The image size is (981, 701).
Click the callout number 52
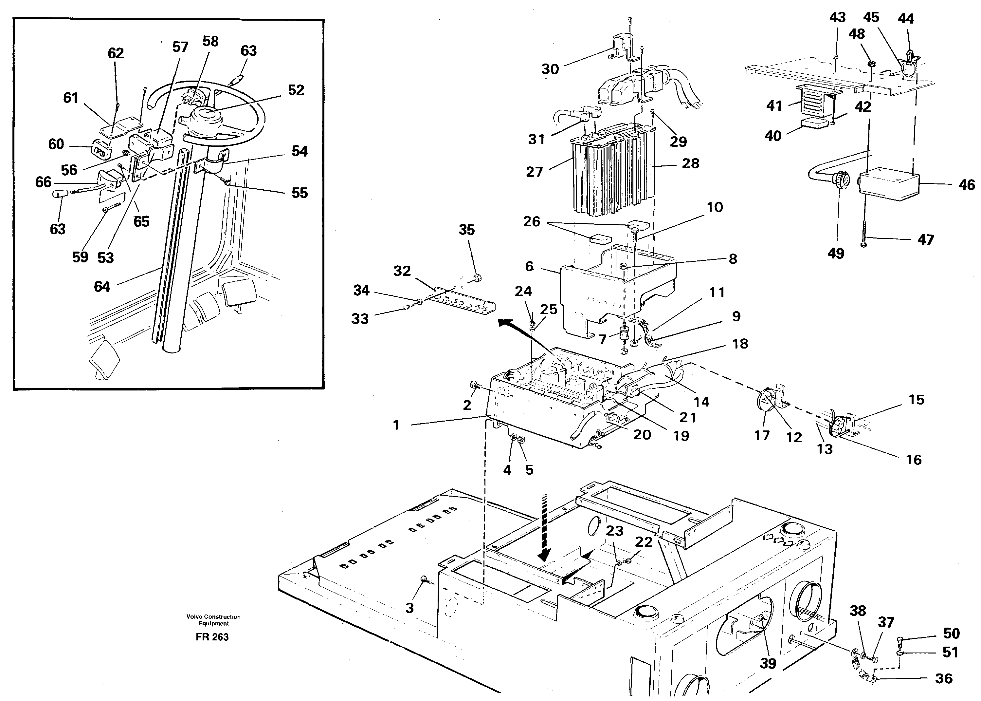coord(296,90)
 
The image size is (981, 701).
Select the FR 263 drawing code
coord(212,637)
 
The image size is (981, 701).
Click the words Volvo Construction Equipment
coord(213,620)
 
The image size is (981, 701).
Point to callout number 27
coord(534,172)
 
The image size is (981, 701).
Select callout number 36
coord(943,678)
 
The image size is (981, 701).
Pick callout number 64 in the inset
coord(102,287)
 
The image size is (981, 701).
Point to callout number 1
coord(396,425)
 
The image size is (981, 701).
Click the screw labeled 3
coord(424,580)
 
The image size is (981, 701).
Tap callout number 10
coord(715,207)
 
